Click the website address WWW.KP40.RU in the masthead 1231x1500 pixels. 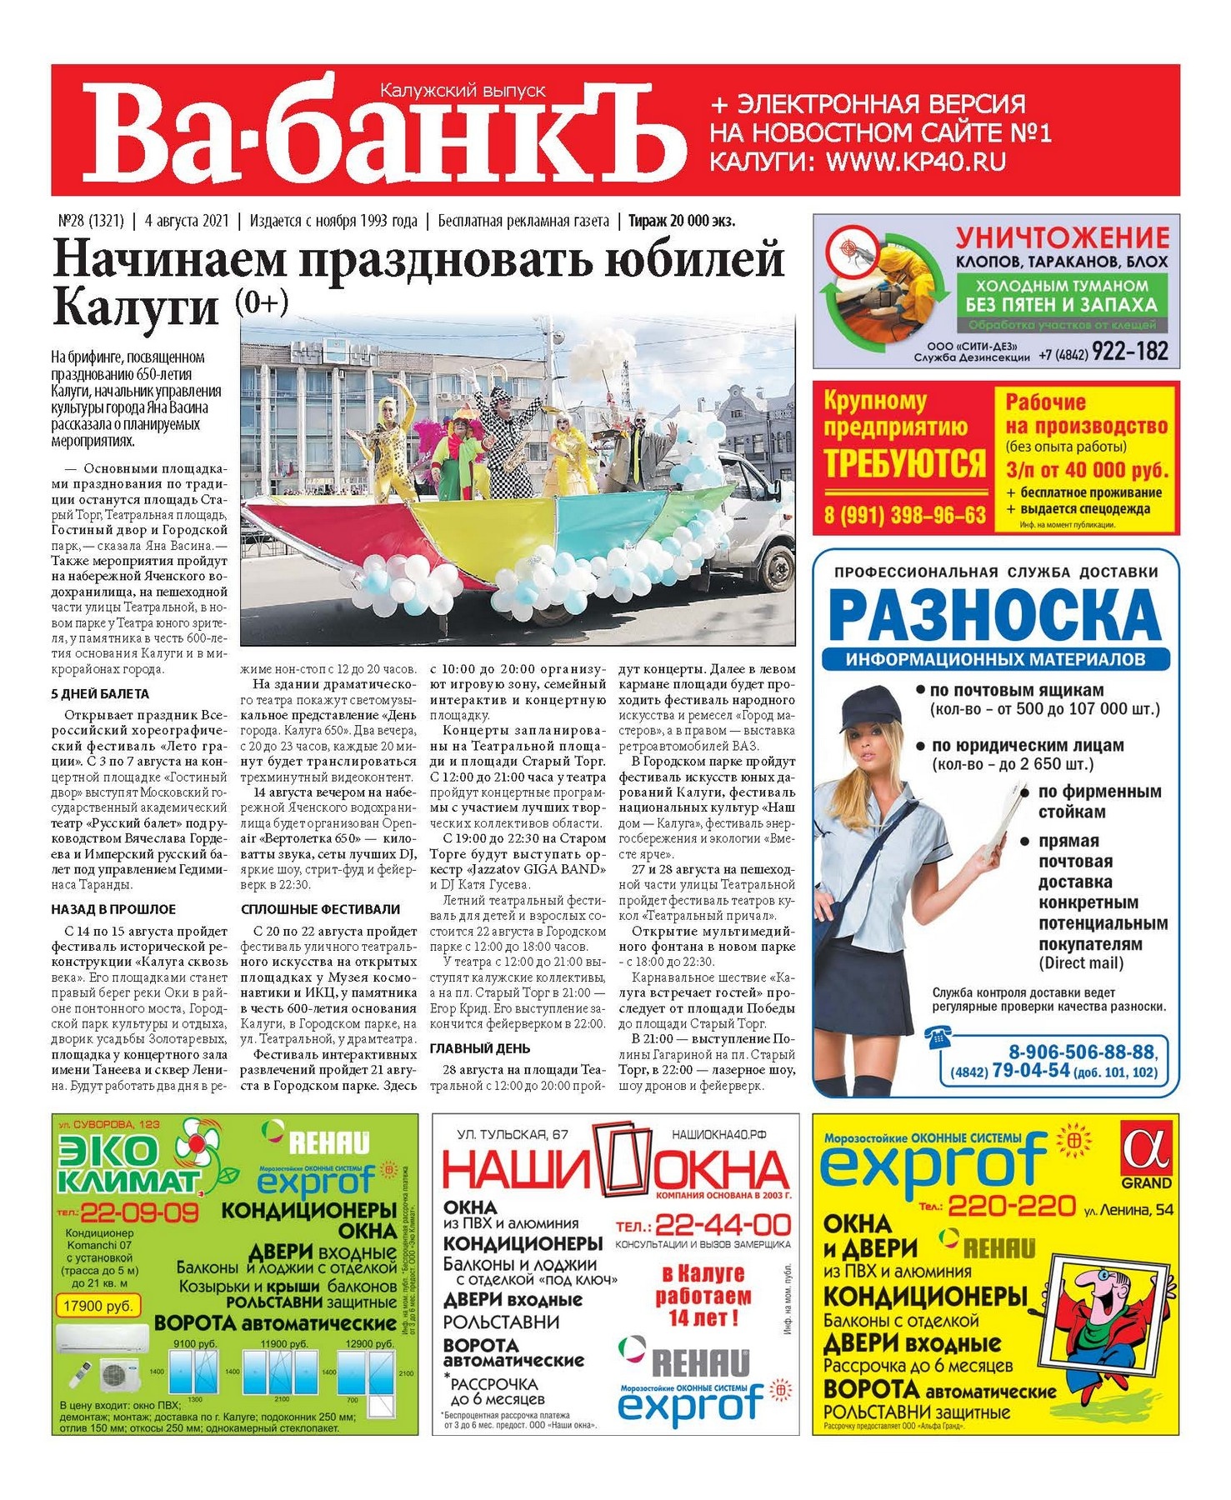(915, 161)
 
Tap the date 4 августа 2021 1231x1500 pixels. (186, 221)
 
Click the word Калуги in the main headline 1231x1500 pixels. (135, 307)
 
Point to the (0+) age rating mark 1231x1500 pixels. (262, 302)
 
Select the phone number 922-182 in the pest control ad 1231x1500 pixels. (1129, 352)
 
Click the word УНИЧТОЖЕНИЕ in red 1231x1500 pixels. (1062, 237)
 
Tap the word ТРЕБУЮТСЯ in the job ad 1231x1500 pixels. (904, 464)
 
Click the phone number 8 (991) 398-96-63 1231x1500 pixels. (904, 515)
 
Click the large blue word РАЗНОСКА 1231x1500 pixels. (995, 616)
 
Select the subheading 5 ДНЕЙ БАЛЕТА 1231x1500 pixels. (100, 693)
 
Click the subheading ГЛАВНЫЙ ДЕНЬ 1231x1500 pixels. (479, 1048)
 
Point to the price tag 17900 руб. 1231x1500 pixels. (95, 1306)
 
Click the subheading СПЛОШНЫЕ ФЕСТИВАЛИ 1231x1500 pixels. (320, 909)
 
